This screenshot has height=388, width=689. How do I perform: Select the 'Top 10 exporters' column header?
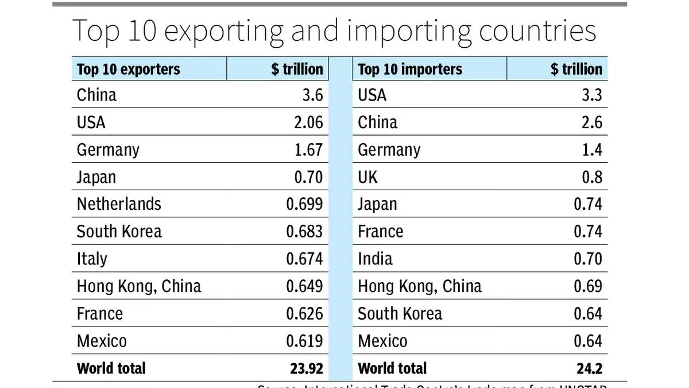128,70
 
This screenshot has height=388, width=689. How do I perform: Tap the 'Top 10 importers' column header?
409,70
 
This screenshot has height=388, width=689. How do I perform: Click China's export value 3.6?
313,95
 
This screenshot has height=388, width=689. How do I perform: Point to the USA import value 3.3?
592,95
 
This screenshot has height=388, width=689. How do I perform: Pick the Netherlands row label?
119,204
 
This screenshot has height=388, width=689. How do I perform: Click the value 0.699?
304,204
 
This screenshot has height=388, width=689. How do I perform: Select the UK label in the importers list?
367,177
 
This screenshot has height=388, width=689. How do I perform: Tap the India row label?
375,259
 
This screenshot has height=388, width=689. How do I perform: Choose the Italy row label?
92,259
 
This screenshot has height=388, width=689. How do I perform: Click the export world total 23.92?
306,368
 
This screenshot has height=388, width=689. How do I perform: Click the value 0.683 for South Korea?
304,232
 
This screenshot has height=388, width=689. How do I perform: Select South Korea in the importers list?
400,314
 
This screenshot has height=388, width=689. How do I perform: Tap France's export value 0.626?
304,314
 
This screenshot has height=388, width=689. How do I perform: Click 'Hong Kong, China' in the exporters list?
139,286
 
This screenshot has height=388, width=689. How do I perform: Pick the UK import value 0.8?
592,177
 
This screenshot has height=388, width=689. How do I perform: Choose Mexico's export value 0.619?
304,341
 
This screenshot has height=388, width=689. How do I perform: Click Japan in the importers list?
377,204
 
